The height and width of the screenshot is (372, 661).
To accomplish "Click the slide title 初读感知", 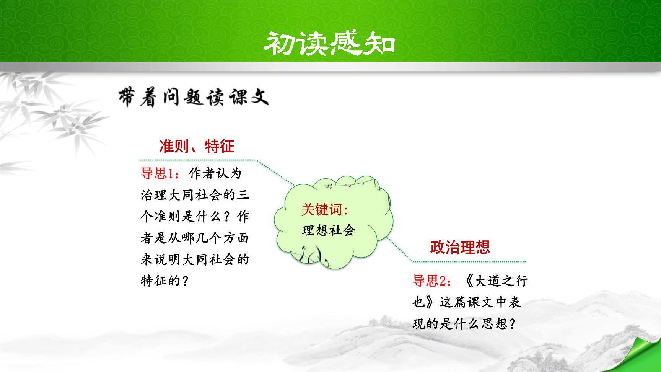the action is pyautogui.click(x=329, y=44).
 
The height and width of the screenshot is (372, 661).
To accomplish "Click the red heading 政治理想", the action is pyautogui.click(x=460, y=247).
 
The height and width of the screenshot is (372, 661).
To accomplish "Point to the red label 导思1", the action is pyautogui.click(x=160, y=173).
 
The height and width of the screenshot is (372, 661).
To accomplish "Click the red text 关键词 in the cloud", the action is pyautogui.click(x=325, y=210).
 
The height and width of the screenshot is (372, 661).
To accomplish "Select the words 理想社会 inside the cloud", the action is pyautogui.click(x=329, y=230).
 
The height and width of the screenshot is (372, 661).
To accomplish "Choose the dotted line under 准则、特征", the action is pyautogui.click(x=217, y=172).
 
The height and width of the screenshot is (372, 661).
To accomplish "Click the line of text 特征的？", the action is pyautogui.click(x=165, y=281).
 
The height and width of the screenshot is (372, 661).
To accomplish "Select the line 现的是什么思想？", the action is pyautogui.click(x=464, y=324).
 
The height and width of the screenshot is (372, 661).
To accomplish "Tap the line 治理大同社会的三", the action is pyautogui.click(x=195, y=195).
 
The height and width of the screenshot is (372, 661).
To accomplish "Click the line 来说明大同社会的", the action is pyautogui.click(x=195, y=259).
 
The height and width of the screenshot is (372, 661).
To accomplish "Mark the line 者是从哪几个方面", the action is pyautogui.click(x=195, y=238).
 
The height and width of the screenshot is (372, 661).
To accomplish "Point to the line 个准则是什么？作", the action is pyautogui.click(x=195, y=217).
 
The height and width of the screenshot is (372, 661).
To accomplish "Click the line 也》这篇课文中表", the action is pyautogui.click(x=467, y=303).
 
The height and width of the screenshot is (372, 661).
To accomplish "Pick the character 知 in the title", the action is pyautogui.click(x=380, y=44).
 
